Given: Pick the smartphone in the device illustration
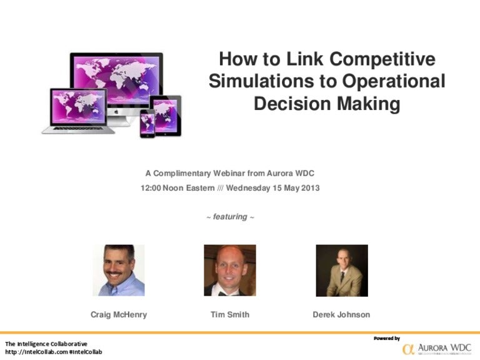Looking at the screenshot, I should [x=147, y=123].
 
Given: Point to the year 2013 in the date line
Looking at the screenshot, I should [x=309, y=187].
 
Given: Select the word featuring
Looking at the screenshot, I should [x=230, y=217].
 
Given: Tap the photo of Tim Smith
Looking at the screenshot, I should [x=230, y=270].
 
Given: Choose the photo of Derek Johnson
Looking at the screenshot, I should [x=342, y=270].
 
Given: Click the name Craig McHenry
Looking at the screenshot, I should [x=119, y=314].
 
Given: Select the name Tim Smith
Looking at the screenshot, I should [x=230, y=314].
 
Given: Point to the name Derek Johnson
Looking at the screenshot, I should [x=341, y=314].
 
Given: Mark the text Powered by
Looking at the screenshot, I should [x=386, y=338].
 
